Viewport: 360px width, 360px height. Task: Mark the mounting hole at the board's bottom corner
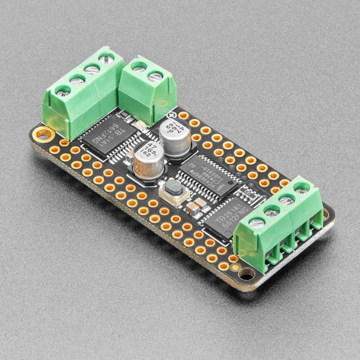tap(246, 275)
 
